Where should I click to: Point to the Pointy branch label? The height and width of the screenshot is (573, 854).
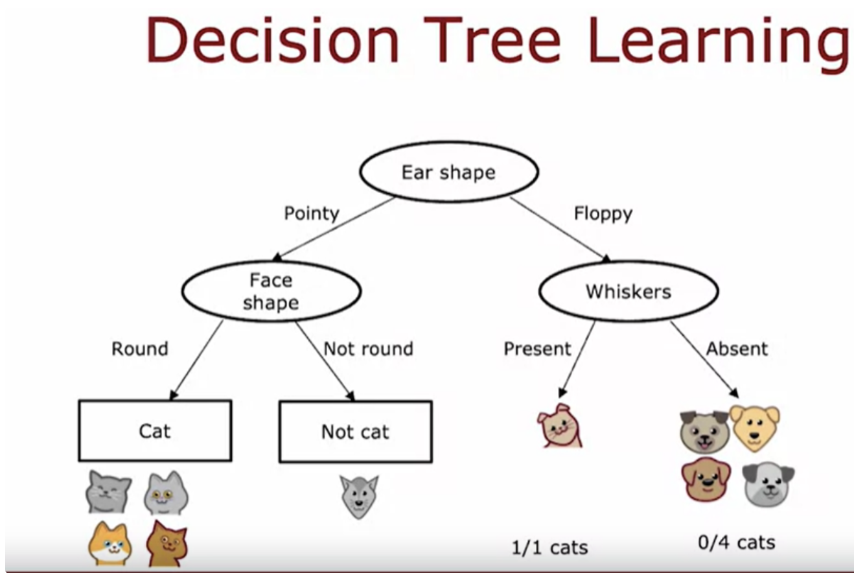point(312,213)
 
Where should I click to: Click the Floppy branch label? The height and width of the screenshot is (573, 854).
point(603,214)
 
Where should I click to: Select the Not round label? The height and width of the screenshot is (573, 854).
point(368,349)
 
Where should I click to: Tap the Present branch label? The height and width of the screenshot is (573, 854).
point(538,349)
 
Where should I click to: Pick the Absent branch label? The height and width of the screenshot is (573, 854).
point(737,349)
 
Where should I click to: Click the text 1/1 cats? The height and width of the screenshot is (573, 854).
point(549,548)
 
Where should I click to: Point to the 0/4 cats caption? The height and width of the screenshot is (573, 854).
point(737,543)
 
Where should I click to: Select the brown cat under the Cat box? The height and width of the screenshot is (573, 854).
point(167,544)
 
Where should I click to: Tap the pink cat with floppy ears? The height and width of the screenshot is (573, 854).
point(560,425)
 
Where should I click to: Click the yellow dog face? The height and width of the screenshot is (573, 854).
point(755,428)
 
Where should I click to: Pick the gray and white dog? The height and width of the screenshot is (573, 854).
point(768,484)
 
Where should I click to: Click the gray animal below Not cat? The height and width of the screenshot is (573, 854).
point(359,497)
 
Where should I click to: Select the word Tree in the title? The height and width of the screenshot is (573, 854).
point(492,40)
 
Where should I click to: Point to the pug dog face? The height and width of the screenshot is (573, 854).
point(704,432)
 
